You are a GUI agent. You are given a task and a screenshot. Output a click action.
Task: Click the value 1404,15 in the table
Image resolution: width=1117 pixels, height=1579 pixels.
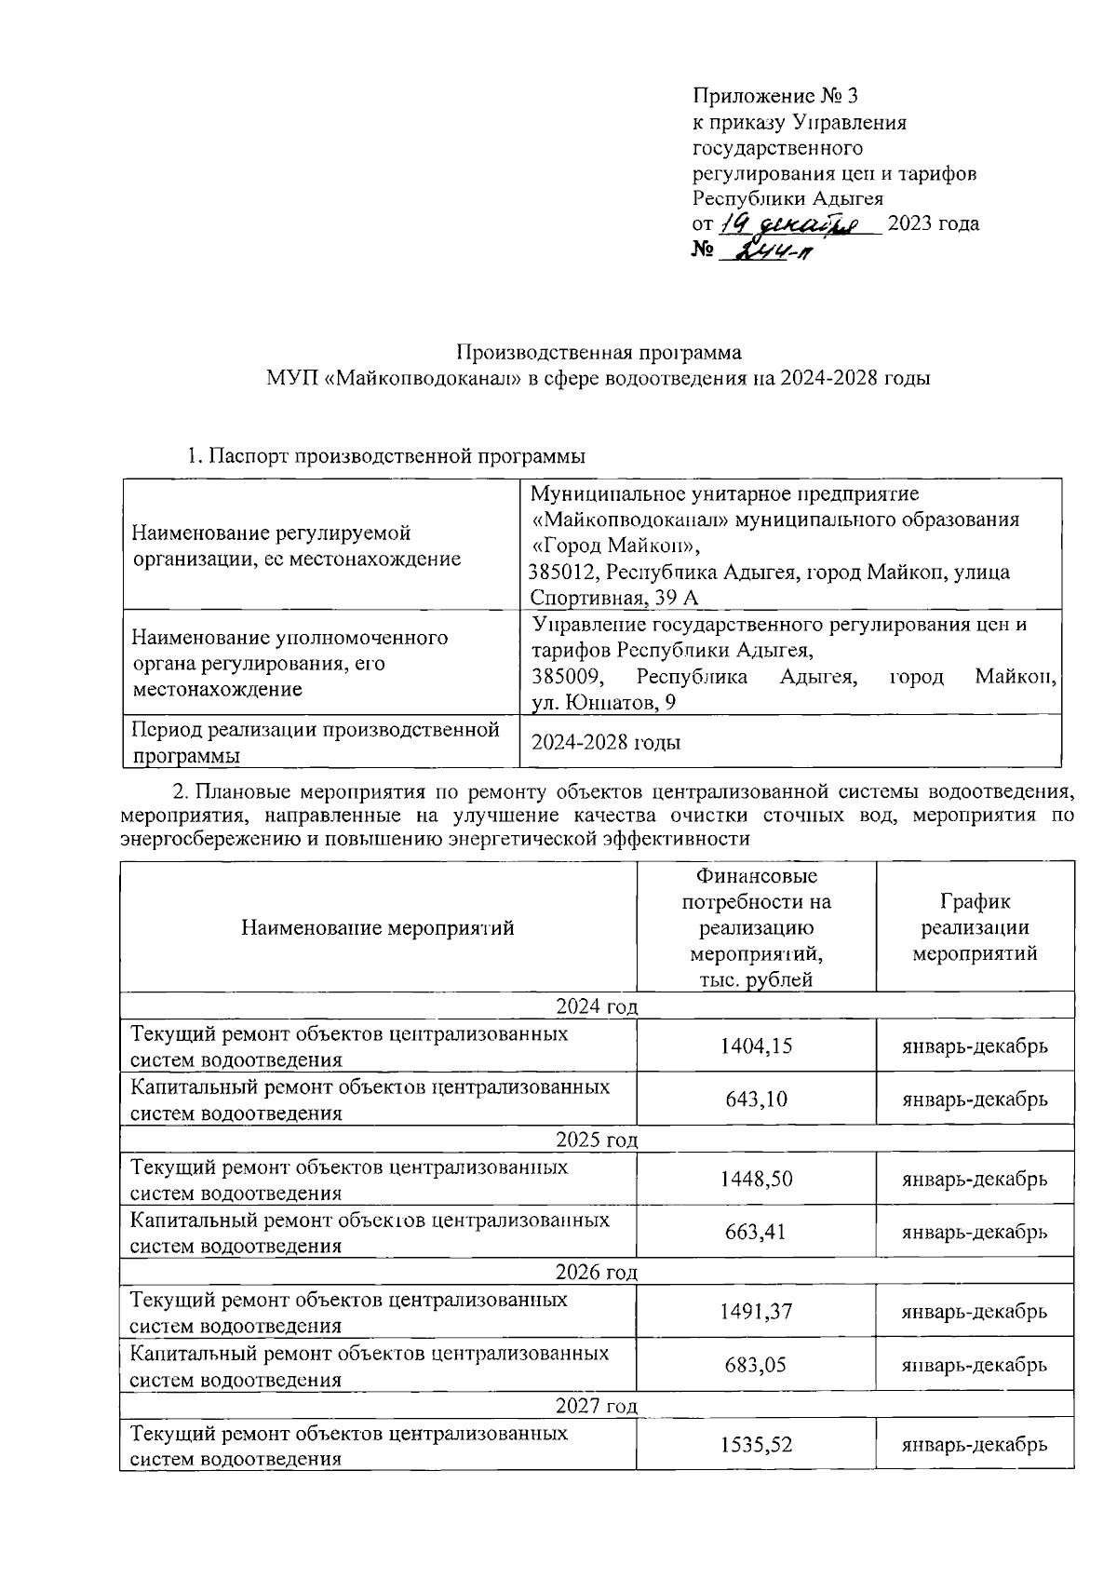756,1046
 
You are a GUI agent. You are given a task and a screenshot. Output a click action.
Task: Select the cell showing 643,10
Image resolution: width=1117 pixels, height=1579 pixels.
756,1099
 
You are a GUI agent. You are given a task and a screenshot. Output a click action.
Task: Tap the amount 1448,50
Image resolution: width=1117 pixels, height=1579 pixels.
756,1179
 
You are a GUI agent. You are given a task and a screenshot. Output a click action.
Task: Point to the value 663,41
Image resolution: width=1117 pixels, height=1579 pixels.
756,1232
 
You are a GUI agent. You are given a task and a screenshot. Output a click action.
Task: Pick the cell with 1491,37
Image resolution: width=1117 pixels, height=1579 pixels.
756,1311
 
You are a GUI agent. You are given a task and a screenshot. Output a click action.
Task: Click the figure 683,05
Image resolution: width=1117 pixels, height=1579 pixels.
756,1365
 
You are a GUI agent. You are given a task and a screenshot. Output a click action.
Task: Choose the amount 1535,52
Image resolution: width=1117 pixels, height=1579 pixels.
756,1444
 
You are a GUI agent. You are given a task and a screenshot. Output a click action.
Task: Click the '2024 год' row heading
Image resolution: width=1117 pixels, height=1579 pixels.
597,1006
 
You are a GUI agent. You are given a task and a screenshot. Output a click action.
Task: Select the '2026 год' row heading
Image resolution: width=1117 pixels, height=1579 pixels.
597,1272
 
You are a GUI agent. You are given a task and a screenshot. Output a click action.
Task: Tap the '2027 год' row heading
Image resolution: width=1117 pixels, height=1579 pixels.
597,1405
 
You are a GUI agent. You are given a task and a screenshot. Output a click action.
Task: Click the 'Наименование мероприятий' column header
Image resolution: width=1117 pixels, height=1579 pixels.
378,927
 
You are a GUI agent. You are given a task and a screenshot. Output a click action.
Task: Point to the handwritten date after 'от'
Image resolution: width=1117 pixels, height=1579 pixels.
798,223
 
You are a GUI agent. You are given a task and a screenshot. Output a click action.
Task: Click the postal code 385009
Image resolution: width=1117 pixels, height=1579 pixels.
561,677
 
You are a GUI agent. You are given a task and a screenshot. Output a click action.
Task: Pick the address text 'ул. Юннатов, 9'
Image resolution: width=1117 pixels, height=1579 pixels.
603,703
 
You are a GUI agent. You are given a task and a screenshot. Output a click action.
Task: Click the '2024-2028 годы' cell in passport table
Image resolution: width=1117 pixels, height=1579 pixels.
605,742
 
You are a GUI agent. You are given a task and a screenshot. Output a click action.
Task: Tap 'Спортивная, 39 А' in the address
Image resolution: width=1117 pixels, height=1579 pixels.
614,598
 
